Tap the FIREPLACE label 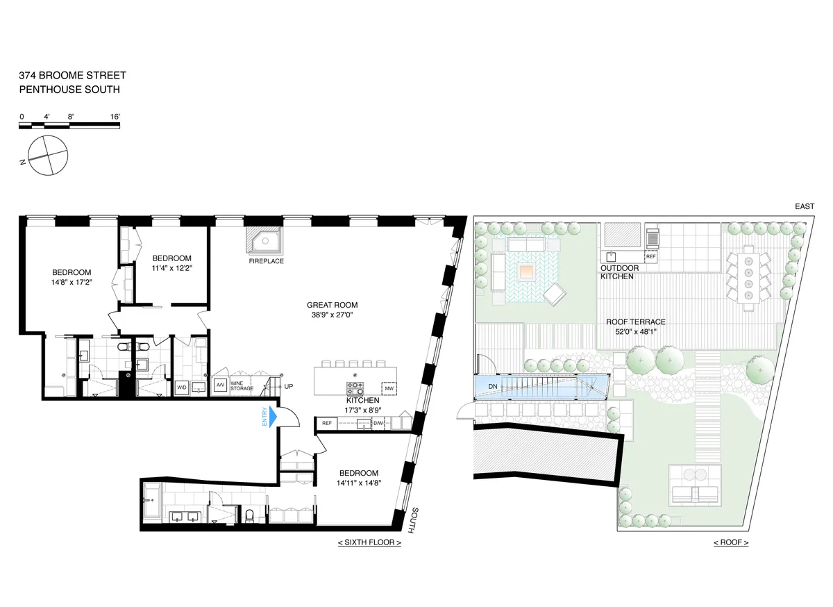265,262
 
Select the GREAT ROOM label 335,305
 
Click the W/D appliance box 182,387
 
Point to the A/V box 220,385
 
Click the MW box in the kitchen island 389,388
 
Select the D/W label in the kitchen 378,423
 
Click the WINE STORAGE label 242,385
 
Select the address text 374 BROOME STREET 73,76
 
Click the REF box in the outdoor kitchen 650,256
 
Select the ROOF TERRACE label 635,322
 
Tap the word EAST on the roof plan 806,207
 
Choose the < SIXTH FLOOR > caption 369,542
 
